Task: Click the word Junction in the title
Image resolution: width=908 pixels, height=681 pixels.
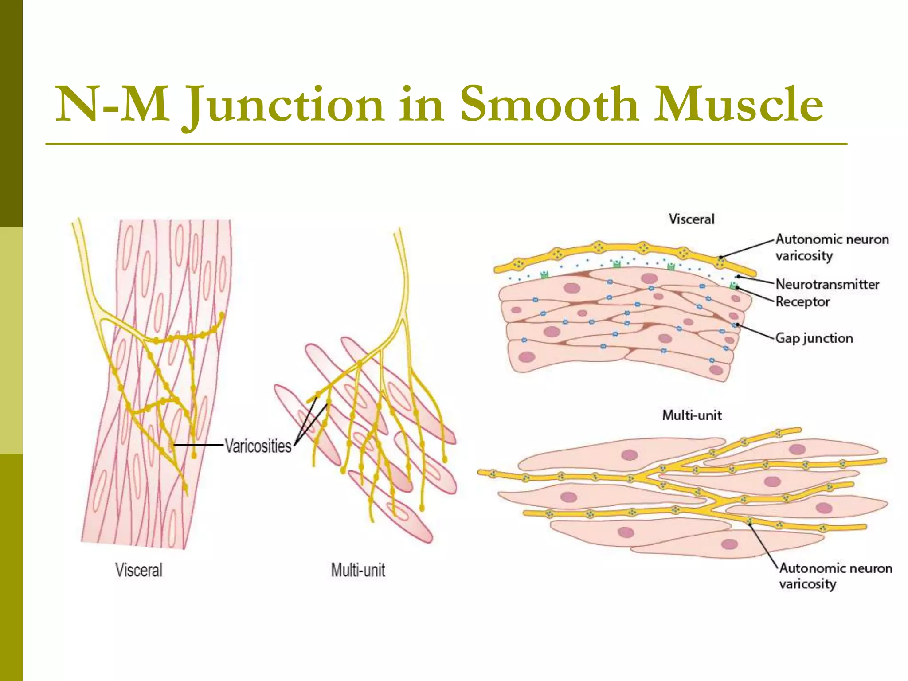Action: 284,105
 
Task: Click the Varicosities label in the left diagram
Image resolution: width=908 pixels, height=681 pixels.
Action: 258,446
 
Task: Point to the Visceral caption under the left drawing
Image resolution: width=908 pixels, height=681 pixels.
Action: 139,570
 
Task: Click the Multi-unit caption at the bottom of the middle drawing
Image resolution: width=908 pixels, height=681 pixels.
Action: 358,570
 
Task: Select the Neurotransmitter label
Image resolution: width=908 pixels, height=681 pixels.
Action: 827,284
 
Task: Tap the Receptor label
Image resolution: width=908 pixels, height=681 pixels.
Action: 802,302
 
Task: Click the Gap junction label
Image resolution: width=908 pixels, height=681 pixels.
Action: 814,338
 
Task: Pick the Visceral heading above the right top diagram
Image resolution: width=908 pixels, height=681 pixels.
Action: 692,219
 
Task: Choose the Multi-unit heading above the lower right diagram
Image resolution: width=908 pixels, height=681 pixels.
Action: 692,415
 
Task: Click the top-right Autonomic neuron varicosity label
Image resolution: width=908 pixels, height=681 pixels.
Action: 832,247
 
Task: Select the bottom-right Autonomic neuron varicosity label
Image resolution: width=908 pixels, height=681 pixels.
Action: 835,576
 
